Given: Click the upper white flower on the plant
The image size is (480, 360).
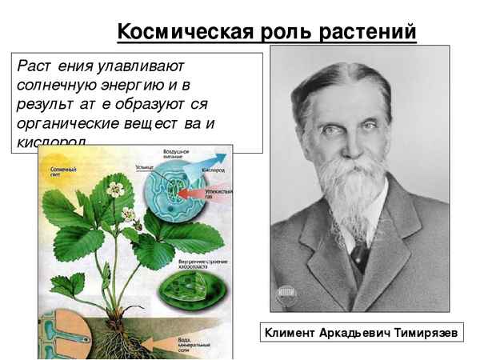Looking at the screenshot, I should point(118,190).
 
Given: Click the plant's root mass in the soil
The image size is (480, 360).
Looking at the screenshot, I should point(120,340).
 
